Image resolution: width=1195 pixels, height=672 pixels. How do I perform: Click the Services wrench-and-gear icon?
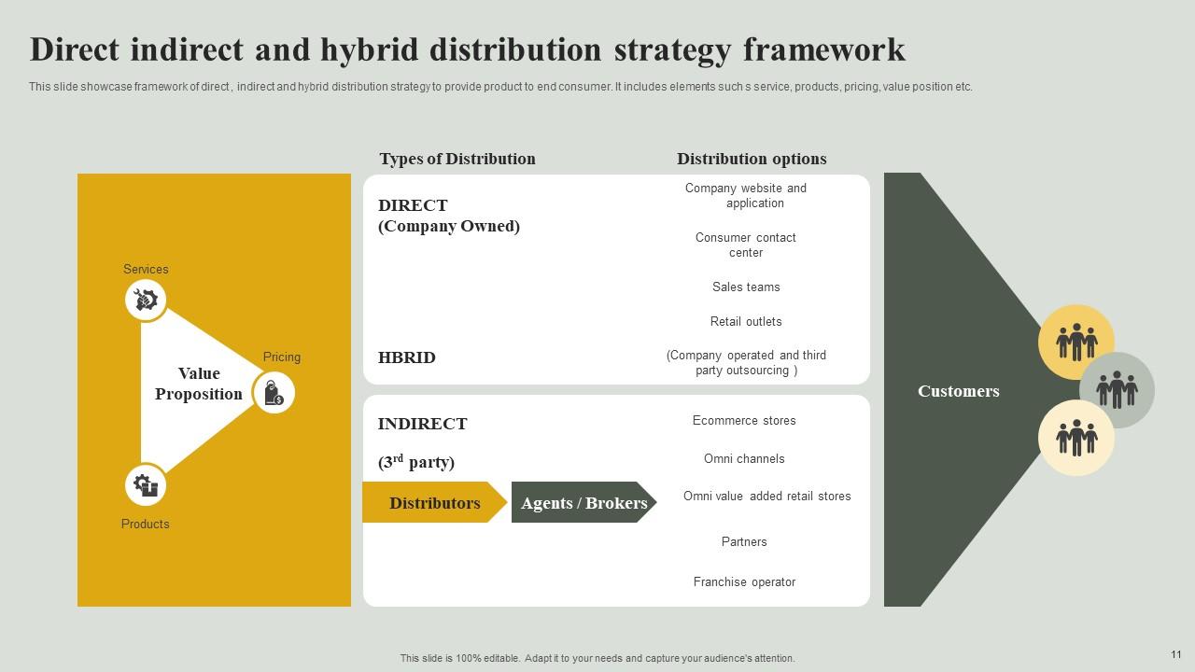tap(146, 300)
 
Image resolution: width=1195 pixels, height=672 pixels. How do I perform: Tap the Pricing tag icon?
tap(274, 393)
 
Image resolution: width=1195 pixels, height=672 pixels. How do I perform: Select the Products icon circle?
tap(146, 485)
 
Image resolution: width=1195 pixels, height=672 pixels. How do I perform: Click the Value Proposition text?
tap(198, 384)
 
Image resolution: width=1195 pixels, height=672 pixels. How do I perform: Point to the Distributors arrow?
tap(434, 503)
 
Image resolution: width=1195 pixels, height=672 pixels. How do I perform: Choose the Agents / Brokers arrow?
tap(583, 503)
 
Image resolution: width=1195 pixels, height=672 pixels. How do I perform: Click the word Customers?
tap(958, 391)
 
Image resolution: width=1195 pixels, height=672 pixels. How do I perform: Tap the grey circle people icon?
tap(1117, 389)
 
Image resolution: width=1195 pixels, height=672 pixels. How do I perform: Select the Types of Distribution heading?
tap(457, 159)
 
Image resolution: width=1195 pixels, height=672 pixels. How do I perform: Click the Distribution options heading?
tap(752, 159)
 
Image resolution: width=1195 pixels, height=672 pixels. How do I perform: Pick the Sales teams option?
tap(746, 287)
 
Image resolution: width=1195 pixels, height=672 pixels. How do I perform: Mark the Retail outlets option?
tap(746, 322)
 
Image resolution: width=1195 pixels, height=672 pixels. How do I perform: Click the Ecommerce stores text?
tap(744, 421)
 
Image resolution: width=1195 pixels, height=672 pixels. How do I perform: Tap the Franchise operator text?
tap(744, 582)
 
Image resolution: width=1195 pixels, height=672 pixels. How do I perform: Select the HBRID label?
tap(407, 357)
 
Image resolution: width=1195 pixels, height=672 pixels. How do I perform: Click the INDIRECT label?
tap(422, 424)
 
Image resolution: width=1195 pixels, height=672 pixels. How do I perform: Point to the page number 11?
tap(1175, 654)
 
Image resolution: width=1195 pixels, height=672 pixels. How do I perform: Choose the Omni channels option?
tap(744, 459)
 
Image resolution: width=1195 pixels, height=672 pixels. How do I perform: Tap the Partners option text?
tap(744, 542)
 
